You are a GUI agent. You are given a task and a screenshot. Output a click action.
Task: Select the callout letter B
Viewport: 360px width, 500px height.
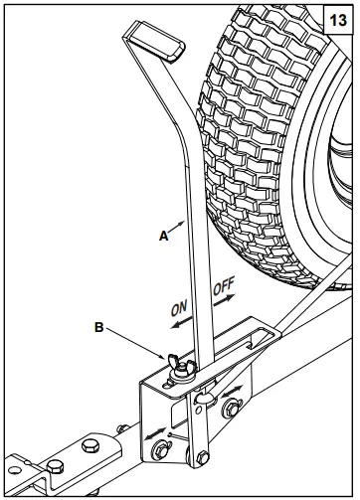click(x=98, y=324)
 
